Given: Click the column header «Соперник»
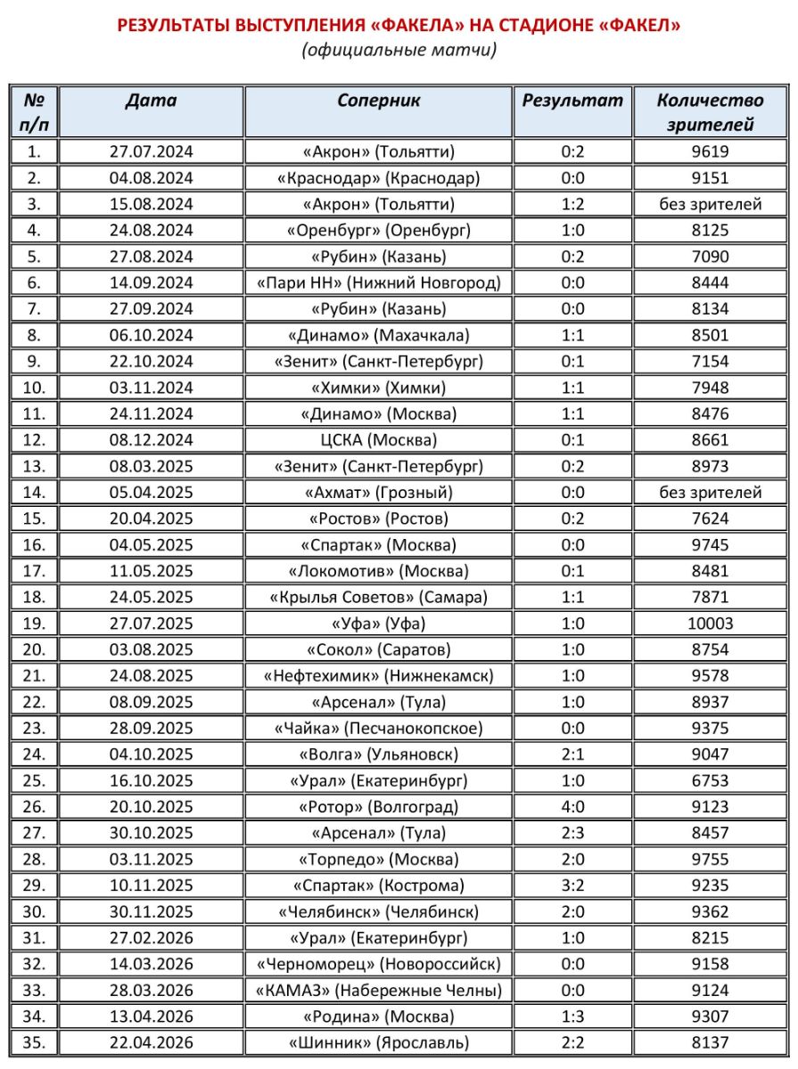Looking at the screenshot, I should pos(379,101).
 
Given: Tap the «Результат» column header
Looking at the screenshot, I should pos(572,101).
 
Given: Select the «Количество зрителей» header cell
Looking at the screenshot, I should pos(710,112).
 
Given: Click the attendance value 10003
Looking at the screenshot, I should pos(710,624).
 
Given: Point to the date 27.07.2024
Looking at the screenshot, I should pos(152,151).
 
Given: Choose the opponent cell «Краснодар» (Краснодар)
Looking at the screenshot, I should pos(379,178).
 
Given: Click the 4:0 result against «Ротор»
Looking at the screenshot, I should pos(572,807).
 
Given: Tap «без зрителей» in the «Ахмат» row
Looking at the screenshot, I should pos(710,493).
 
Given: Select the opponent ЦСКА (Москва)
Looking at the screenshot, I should pos(379,440).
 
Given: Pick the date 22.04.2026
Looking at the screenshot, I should pos(152,1042).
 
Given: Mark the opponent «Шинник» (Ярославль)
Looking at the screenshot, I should pos(379,1042).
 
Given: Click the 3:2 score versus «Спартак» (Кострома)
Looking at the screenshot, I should pos(572,885).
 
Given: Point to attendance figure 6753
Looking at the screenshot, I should pos(710,781).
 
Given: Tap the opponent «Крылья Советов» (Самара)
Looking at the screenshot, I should pos(379,597).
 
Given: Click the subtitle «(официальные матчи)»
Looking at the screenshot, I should pos(399,50).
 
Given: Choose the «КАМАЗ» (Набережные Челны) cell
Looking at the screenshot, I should pos(379,990).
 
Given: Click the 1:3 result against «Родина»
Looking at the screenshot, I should pos(572,1016).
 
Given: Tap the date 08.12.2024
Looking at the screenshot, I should pos(152,440).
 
